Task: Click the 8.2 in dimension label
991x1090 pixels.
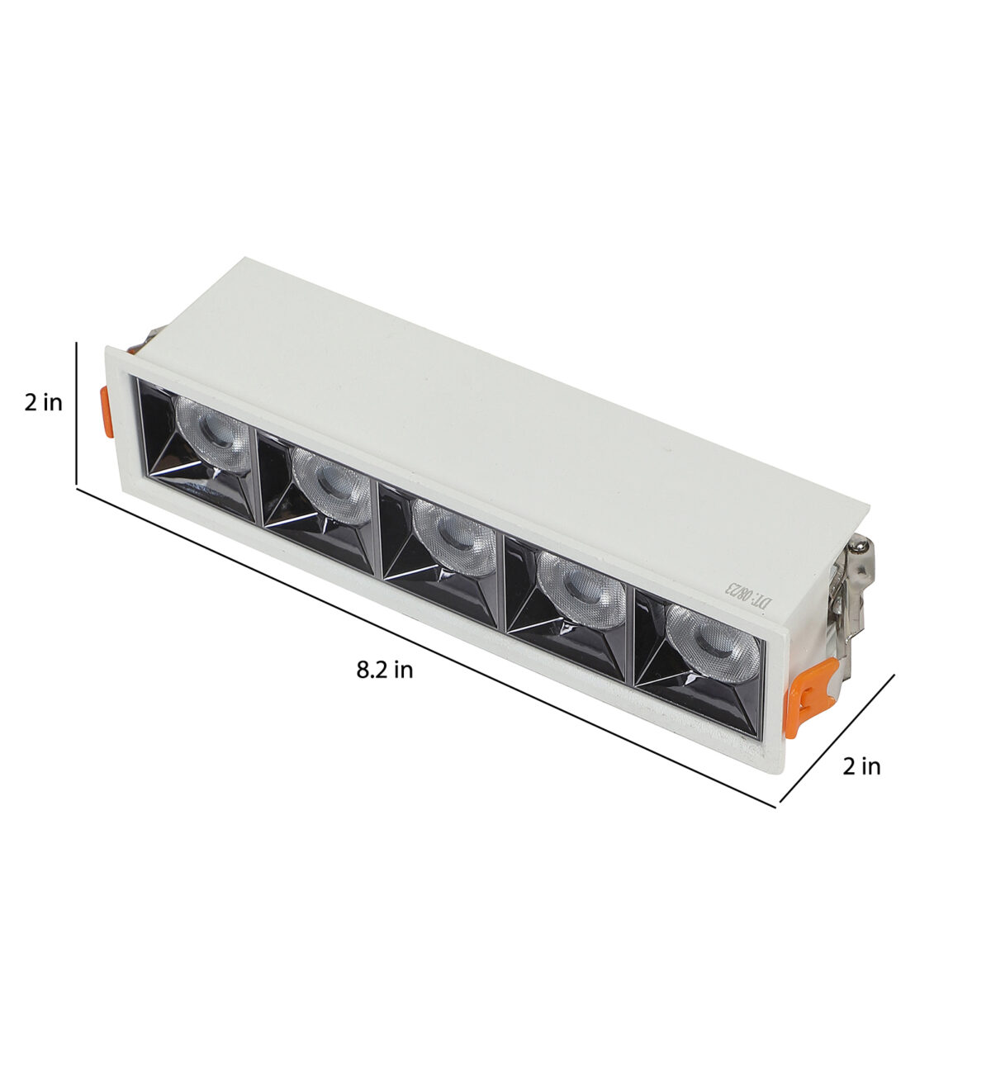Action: point(384,670)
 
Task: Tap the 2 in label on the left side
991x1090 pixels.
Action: point(44,403)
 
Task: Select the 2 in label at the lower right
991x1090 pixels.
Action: point(861,766)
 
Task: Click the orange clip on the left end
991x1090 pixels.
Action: point(107,411)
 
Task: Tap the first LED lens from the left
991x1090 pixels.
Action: point(214,433)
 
